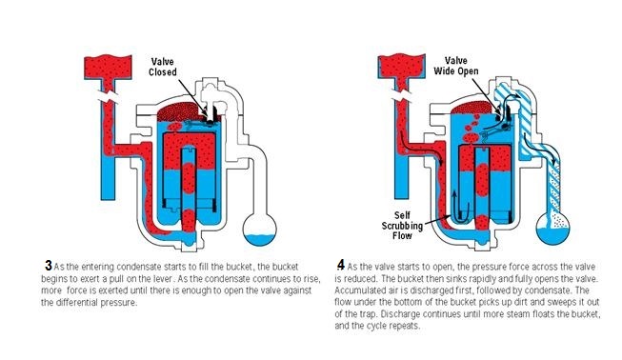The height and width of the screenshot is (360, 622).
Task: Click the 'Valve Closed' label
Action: click(x=163, y=67)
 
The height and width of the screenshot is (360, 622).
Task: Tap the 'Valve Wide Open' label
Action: click(x=456, y=67)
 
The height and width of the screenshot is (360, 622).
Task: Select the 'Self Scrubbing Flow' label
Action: click(x=402, y=226)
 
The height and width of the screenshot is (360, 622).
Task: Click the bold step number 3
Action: click(x=49, y=266)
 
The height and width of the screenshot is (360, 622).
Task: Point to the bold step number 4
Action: click(x=340, y=265)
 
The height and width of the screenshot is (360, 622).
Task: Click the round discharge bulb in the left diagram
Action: click(x=259, y=230)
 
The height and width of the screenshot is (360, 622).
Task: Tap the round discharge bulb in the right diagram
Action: click(x=553, y=230)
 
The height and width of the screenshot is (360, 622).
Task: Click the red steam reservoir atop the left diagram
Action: click(x=108, y=67)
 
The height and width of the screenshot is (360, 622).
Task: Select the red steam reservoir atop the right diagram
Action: click(x=401, y=66)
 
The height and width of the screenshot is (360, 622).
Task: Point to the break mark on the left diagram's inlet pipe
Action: click(x=109, y=97)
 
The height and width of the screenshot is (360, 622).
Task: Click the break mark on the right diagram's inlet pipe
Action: click(x=402, y=95)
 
